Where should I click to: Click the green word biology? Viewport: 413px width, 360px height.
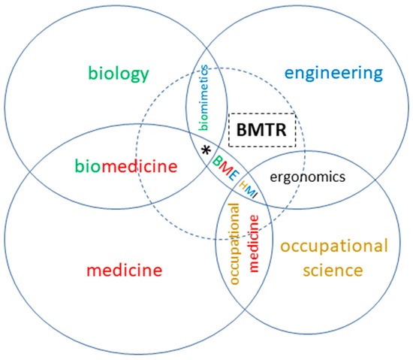click(119, 74)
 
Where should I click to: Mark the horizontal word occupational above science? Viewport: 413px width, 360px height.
click(333, 247)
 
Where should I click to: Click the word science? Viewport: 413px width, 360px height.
click(333, 269)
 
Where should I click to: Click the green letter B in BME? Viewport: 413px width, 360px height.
click(216, 161)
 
